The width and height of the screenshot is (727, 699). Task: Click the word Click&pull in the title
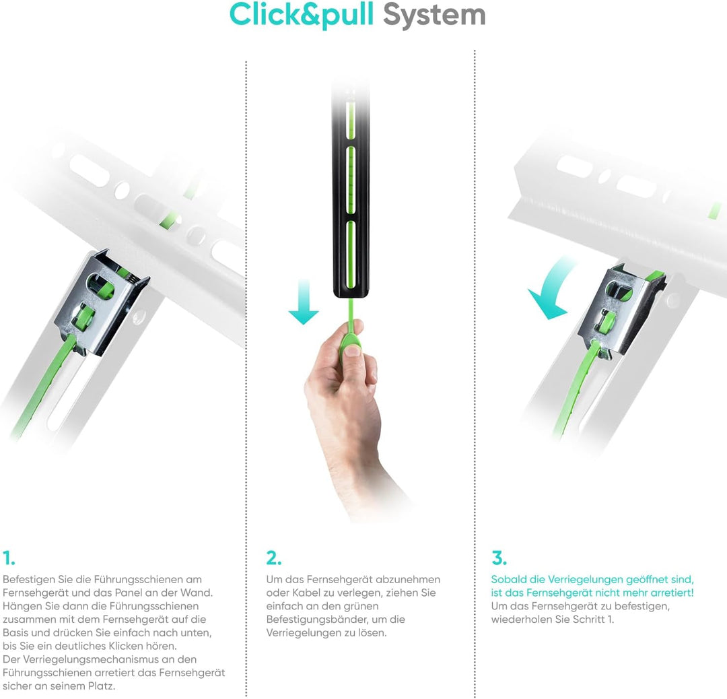click(x=302, y=15)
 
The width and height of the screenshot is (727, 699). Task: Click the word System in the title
click(x=434, y=15)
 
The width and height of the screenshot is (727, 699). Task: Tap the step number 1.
click(x=9, y=558)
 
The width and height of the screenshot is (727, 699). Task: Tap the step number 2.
click(x=273, y=558)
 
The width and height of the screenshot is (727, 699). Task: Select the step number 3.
click(x=499, y=558)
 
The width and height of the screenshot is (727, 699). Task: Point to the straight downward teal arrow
click(x=304, y=302)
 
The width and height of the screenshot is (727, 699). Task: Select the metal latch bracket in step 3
click(x=621, y=312)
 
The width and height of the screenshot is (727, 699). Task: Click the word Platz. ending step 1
click(x=101, y=686)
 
